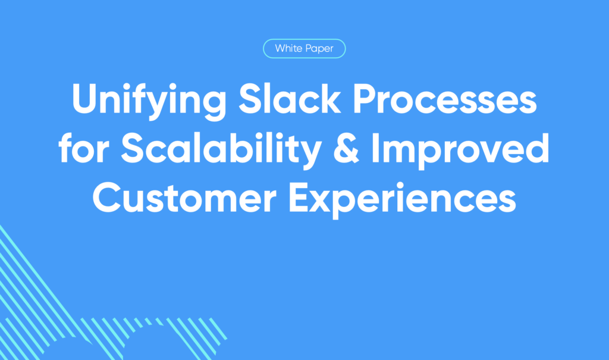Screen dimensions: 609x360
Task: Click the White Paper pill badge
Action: [304, 49]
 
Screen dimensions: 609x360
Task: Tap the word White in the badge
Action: [288, 48]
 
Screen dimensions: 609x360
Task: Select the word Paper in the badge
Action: [319, 49]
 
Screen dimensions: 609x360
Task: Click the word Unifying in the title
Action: [149, 101]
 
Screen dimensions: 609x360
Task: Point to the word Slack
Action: [290, 99]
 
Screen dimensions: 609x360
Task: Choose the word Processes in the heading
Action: [445, 99]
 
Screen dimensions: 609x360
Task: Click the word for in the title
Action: [84, 148]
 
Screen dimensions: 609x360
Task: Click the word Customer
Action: [184, 198]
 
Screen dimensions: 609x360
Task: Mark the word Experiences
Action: [403, 200]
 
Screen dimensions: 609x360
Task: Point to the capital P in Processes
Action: [364, 99]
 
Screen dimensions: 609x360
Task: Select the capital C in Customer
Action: [107, 198]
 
